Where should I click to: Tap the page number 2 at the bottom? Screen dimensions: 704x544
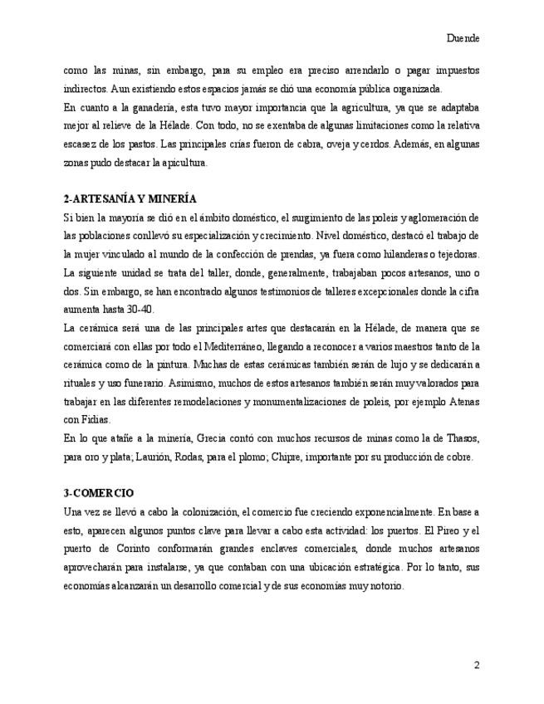(x=477, y=665)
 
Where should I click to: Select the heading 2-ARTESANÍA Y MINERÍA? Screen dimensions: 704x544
(x=130, y=199)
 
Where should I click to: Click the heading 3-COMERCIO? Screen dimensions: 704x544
(x=99, y=492)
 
